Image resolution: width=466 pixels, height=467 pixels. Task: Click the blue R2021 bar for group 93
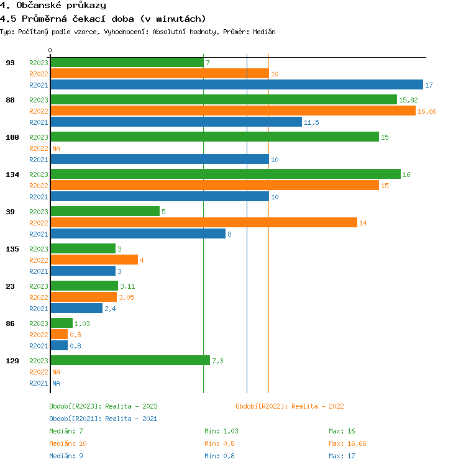pyautogui.click(x=237, y=85)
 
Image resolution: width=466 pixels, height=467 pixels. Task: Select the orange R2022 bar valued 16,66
pyautogui.click(x=233, y=111)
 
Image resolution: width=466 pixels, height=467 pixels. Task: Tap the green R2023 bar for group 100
pyautogui.click(x=215, y=137)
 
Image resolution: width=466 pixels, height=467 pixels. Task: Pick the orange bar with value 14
pyautogui.click(x=204, y=223)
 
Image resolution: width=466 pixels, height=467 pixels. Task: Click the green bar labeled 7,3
pyautogui.click(x=130, y=361)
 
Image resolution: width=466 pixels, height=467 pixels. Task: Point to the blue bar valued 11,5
pyautogui.click(x=176, y=122)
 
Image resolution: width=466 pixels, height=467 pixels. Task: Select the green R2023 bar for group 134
pyautogui.click(x=226, y=175)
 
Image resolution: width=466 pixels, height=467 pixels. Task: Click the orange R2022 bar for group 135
pyautogui.click(x=94, y=260)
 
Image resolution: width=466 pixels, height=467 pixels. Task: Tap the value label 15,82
pyautogui.click(x=408, y=100)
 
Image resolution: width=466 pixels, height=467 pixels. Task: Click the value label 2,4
pyautogui.click(x=110, y=309)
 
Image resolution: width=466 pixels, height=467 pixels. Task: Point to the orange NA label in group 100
pyautogui.click(x=56, y=148)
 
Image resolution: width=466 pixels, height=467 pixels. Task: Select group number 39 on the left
pyautogui.click(x=11, y=212)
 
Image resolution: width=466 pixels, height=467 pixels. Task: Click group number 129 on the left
pyautogui.click(x=12, y=361)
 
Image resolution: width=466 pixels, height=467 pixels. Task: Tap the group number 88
pyautogui.click(x=11, y=100)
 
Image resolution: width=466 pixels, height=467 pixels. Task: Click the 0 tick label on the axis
pyautogui.click(x=50, y=50)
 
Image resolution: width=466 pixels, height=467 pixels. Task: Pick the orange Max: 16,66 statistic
pyautogui.click(x=347, y=443)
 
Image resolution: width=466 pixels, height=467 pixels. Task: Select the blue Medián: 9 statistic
pyautogui.click(x=66, y=456)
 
